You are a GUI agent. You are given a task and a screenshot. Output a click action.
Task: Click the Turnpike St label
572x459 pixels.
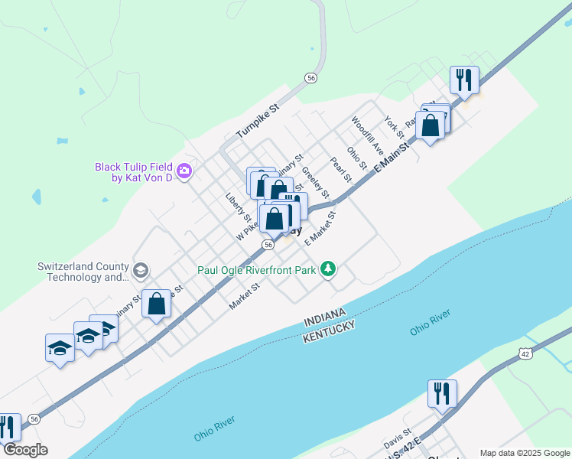pyautogui.click(x=258, y=122)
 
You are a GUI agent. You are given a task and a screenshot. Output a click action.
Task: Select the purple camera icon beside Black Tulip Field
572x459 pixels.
pyautogui.click(x=184, y=171)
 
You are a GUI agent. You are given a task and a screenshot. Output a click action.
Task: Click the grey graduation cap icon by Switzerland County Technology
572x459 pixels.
pyautogui.click(x=140, y=270)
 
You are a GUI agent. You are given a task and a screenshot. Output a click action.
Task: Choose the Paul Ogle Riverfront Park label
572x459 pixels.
pyautogui.click(x=256, y=269)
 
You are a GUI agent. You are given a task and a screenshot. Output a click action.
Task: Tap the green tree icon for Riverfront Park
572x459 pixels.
pyautogui.click(x=328, y=269)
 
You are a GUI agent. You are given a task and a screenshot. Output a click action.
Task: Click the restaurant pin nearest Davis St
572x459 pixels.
pyautogui.click(x=442, y=393)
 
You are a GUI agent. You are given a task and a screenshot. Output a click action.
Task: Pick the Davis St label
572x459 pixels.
pyautogui.click(x=398, y=439)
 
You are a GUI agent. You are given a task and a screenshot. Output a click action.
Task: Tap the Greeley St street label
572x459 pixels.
pyautogui.click(x=315, y=181)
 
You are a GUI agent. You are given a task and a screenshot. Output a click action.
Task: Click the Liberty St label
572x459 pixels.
pyautogui.click(x=239, y=207)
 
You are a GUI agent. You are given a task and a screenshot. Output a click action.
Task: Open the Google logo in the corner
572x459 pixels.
pyautogui.click(x=25, y=450)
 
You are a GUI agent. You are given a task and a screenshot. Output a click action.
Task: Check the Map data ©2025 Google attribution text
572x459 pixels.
pyautogui.click(x=524, y=453)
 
